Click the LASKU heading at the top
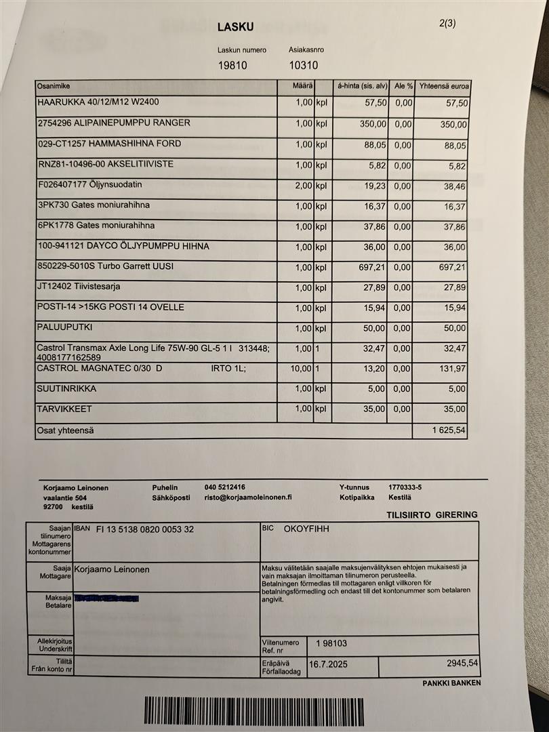(236, 27)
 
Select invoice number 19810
(232, 66)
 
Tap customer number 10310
(303, 66)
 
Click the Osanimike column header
(54, 87)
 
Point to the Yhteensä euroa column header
(445, 87)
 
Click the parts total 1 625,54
(449, 430)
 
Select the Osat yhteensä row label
(65, 430)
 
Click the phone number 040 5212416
(225, 487)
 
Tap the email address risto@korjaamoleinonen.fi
(248, 497)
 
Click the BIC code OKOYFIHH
(306, 529)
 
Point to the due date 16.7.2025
(329, 664)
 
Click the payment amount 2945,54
(462, 663)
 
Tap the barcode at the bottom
(253, 711)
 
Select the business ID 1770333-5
(405, 487)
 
